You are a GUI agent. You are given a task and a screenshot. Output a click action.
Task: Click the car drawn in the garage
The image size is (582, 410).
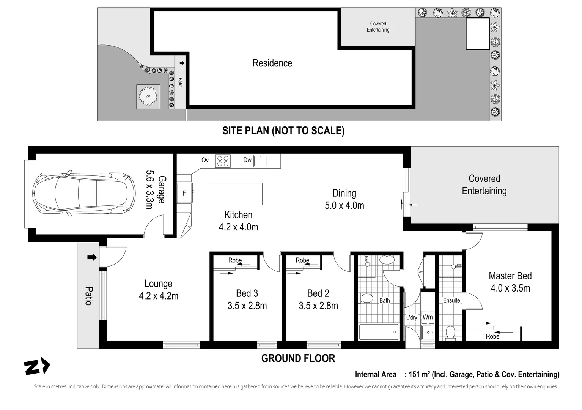[84, 194]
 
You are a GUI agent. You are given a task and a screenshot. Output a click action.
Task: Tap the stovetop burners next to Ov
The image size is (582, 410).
[223, 161]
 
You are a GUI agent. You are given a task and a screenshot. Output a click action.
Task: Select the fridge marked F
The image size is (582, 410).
[184, 192]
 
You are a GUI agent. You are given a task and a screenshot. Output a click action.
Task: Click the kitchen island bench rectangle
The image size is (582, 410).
[234, 194]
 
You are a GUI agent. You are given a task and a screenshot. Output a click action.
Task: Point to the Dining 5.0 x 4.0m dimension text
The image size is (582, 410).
[344, 206]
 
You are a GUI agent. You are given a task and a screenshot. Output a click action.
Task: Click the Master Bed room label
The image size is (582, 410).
[510, 276]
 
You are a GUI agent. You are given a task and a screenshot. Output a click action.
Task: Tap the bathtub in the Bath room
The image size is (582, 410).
[379, 332]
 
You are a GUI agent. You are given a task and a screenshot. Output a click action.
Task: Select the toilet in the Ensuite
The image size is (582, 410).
[450, 333]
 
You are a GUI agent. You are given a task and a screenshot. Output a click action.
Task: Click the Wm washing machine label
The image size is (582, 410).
[428, 317]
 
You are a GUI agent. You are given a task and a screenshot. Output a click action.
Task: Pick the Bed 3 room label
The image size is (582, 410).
[247, 293]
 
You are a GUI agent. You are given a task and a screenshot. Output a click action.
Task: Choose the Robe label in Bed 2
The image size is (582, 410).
[302, 260]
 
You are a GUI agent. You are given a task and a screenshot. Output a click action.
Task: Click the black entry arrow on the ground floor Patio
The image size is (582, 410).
[92, 257]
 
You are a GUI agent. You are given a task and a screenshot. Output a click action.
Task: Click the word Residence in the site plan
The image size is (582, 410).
[272, 63]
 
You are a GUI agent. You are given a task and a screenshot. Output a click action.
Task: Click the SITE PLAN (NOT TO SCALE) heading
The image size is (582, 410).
[283, 131]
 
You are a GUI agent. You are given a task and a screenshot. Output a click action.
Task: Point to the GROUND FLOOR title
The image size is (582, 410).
[298, 358]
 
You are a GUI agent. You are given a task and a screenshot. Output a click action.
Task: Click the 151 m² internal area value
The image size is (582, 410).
[420, 374]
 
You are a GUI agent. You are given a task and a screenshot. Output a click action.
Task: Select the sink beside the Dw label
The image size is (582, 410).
[260, 161]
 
